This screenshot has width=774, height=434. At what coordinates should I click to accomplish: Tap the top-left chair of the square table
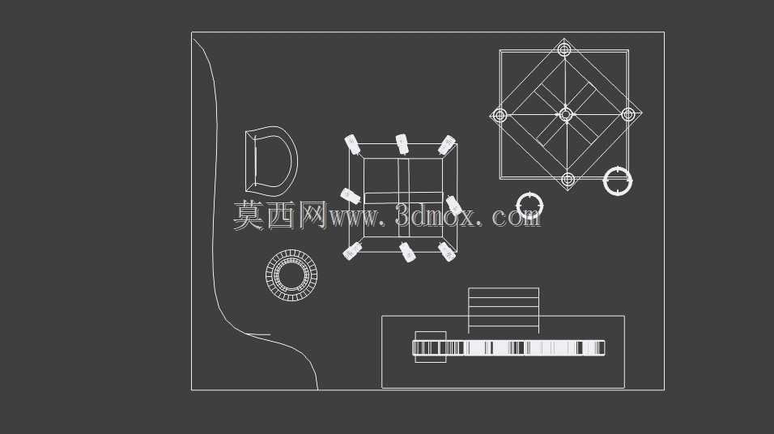[x=352, y=144]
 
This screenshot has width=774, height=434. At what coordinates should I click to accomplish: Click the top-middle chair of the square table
[x=402, y=143]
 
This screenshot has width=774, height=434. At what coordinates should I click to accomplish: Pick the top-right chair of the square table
[x=447, y=145]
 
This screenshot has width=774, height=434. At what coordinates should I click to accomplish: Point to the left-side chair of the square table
[x=350, y=195]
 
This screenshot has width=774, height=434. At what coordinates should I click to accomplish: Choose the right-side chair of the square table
[x=454, y=206]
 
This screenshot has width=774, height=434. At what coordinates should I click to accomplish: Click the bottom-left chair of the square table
[x=352, y=251]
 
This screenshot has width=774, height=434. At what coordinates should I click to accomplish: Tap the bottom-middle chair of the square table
[x=407, y=252]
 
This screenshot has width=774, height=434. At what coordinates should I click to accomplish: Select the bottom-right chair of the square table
[x=447, y=252]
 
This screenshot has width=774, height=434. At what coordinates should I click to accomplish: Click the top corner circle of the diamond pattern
[x=564, y=49]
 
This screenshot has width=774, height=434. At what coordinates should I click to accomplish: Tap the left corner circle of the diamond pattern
[x=500, y=116]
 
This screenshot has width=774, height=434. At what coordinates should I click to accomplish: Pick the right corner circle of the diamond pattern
[x=628, y=114]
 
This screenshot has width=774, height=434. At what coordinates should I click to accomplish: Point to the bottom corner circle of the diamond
[x=568, y=179]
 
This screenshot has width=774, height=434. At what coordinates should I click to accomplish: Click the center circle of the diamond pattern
[x=566, y=115]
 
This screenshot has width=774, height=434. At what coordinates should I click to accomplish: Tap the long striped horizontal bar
[x=508, y=347]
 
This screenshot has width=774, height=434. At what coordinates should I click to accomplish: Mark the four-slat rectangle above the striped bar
[x=504, y=310]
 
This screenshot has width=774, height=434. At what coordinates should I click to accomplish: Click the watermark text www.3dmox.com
[x=435, y=215]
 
